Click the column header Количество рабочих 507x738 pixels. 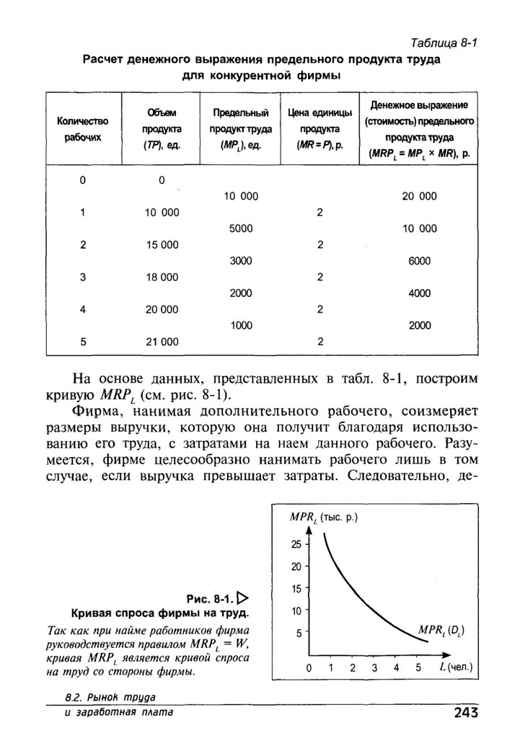[82, 128]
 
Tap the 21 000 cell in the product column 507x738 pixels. [162, 341]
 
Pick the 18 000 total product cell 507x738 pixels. [162, 277]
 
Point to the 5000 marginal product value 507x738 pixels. [241, 228]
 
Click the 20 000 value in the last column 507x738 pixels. [419, 196]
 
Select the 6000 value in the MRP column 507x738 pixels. [419, 261]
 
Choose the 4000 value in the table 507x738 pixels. [419, 293]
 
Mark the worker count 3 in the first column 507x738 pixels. [83, 277]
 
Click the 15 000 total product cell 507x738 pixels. [162, 245]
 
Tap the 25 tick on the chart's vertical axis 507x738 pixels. [296, 544]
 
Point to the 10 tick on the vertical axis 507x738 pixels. [296, 611]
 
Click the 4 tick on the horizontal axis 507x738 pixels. [375, 668]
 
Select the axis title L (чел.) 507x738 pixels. [455, 667]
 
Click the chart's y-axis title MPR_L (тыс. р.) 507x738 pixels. [324, 517]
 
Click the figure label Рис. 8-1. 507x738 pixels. [208, 598]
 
